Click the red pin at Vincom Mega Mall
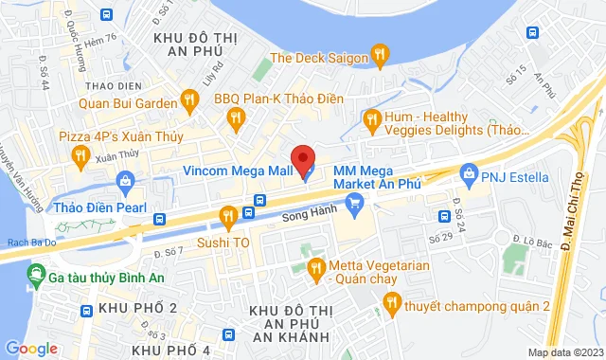pyautogui.click(x=302, y=158)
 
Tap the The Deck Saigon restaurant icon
pyautogui.click(x=379, y=53)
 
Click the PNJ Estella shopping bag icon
pyautogui.click(x=467, y=173)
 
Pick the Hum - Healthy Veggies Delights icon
pyautogui.click(x=371, y=118)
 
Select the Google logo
pyautogui.click(x=30, y=349)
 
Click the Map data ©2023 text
pyautogui.click(x=564, y=352)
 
